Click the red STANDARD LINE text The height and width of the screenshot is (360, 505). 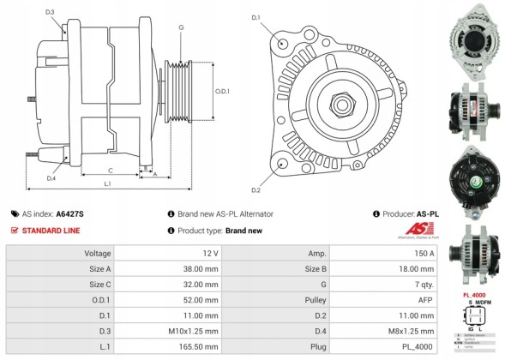[x=51, y=230]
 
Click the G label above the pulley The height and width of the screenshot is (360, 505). [x=181, y=27]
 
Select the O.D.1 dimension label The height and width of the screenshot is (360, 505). [x=222, y=91]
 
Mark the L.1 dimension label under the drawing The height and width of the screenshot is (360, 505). [x=107, y=184]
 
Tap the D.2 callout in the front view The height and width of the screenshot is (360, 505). [x=256, y=189]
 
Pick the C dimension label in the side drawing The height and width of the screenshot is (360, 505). [x=111, y=170]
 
